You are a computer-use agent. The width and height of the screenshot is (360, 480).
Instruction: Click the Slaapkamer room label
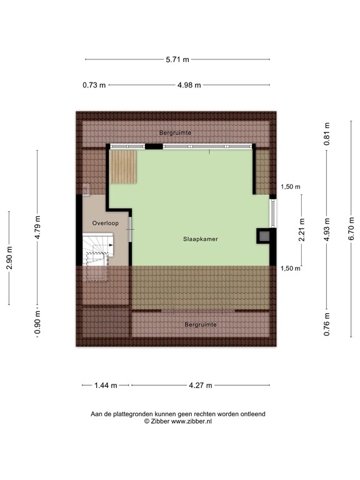pos(200,239)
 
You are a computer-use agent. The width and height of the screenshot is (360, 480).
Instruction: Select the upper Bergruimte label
pos(175,133)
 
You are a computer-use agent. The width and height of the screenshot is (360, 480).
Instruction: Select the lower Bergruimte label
pos(200,325)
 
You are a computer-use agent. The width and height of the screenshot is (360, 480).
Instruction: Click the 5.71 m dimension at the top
pos(177,59)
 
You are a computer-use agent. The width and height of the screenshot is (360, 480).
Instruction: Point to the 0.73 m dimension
pos(94,86)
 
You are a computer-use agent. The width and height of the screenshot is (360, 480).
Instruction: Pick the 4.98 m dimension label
pos(189,86)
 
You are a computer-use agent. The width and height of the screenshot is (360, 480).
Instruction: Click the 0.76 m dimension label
pos(326,324)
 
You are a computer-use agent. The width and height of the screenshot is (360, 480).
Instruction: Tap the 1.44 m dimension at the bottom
pos(106,386)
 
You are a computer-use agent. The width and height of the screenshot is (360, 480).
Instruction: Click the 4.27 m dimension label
pos(201,386)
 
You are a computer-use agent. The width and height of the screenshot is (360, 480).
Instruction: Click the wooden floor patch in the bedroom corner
pos(123,167)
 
